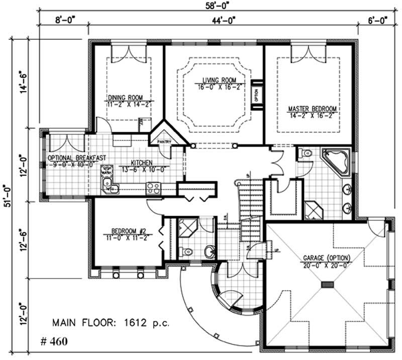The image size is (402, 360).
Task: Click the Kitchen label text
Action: click(142, 162)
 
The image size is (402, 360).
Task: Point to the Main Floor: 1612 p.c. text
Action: click(111, 322)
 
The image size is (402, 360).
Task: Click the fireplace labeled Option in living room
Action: click(256, 95)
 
